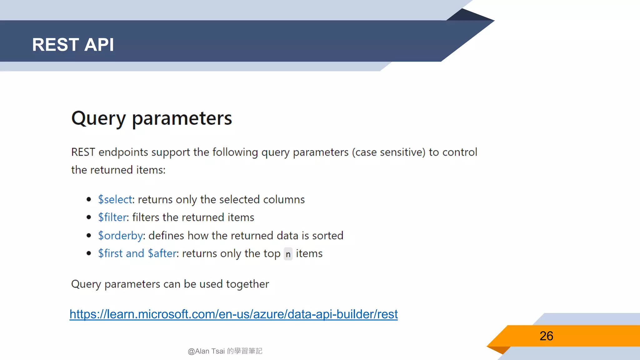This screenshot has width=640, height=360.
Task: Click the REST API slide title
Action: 73,44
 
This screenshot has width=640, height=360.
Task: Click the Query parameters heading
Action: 152,118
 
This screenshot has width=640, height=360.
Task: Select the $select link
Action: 115,199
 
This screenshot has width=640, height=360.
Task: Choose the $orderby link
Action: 120,235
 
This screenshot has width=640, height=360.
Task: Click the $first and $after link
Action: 137,253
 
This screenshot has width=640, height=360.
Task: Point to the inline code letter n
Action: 288,254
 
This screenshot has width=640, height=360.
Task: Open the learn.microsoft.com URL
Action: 233,314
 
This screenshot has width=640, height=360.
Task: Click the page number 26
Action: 546,336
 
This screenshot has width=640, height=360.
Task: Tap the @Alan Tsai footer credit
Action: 225,351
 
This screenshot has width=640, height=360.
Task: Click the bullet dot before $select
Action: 89,199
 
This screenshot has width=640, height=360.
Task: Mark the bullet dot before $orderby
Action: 89,235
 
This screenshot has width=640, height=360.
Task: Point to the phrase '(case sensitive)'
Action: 388,152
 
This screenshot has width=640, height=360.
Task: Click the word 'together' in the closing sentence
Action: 247,284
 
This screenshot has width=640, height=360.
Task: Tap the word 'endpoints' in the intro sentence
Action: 123,152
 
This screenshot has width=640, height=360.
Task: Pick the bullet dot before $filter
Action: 89,217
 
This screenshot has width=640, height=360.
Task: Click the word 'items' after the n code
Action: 309,253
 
